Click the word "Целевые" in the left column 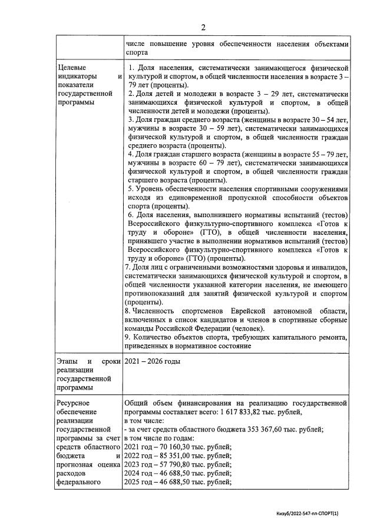click(72, 68)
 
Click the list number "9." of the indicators click(128, 337)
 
